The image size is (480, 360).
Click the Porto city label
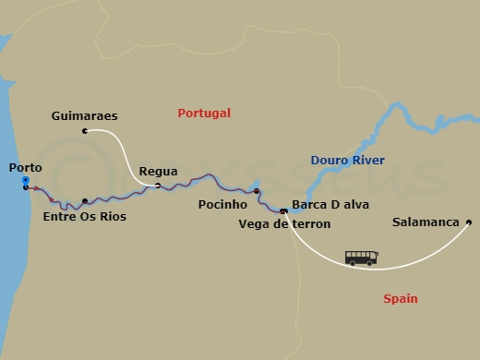pos(24,167)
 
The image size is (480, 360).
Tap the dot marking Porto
pos(26,186)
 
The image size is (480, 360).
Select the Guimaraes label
pos(86,116)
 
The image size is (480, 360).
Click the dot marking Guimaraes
pos(85,131)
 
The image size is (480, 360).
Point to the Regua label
pos(157,171)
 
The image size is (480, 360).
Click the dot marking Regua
pos(158,186)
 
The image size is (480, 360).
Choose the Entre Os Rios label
pos(85,217)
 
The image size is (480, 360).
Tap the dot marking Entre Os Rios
pos(85,200)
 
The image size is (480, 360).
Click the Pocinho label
pos(222,204)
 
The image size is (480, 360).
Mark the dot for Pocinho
pos(258,193)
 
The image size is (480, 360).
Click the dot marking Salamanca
pos(469,222)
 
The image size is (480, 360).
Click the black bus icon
pos(361,258)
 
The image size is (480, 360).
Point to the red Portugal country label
pos(204,113)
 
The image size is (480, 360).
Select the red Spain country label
pos(400,298)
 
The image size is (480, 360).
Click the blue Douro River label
pos(348,160)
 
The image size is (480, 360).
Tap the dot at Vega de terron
pos(283,211)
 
